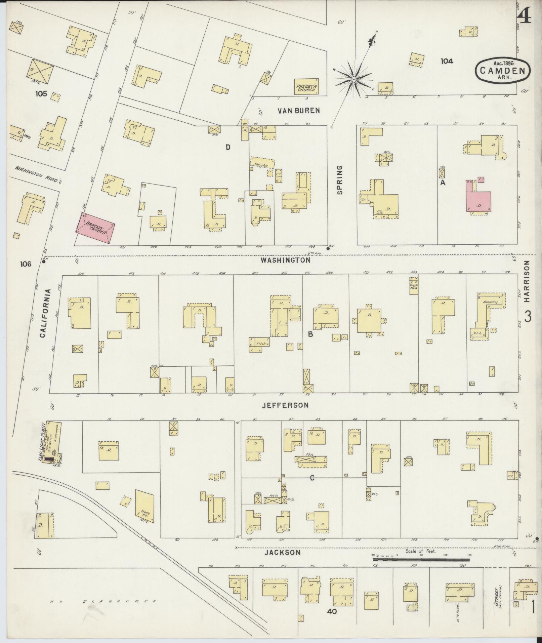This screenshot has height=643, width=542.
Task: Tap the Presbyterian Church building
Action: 306,87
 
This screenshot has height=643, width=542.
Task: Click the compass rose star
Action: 353,79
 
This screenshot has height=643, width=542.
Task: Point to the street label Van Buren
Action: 298,110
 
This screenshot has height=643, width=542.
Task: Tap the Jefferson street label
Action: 285,405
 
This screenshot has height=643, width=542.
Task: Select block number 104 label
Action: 447,61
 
